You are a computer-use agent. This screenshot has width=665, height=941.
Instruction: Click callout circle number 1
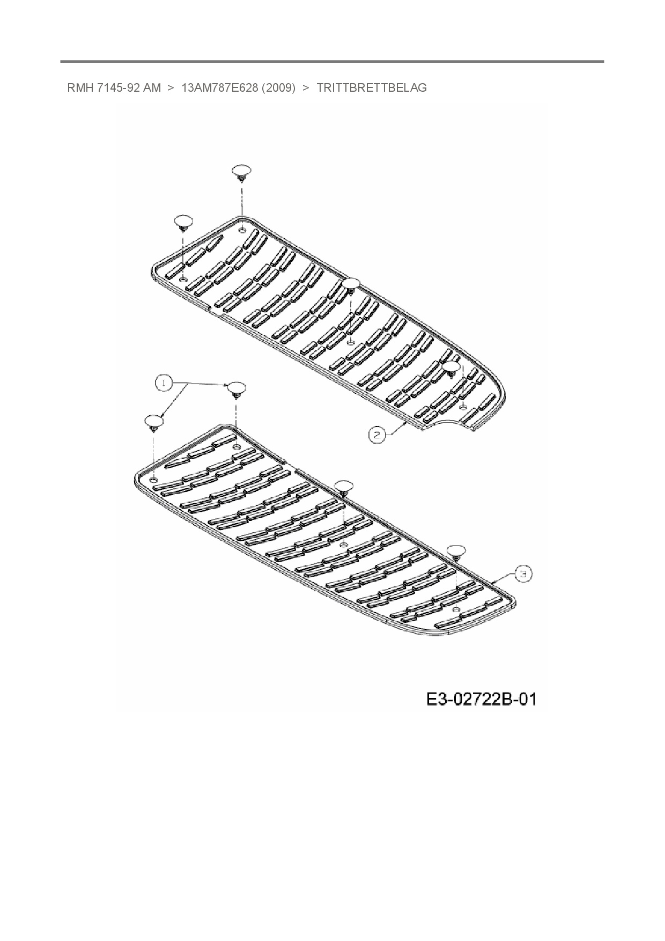[164, 383]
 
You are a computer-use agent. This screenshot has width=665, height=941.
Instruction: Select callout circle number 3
[524, 574]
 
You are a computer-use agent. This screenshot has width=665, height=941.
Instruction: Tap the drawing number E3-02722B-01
[481, 700]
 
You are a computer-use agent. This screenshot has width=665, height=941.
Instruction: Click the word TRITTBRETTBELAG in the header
[372, 88]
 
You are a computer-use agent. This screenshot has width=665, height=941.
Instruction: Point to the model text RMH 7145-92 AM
[114, 88]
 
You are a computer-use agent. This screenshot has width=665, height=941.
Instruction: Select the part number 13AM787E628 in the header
[220, 88]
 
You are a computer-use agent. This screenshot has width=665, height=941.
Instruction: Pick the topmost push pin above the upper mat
[242, 173]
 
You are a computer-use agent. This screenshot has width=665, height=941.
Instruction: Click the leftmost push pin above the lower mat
[154, 422]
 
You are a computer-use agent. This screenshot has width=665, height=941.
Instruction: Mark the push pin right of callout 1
[236, 389]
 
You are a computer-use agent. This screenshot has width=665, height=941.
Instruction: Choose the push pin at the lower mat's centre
[344, 487]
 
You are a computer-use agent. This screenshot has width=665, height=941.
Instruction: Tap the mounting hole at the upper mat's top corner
[242, 230]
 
